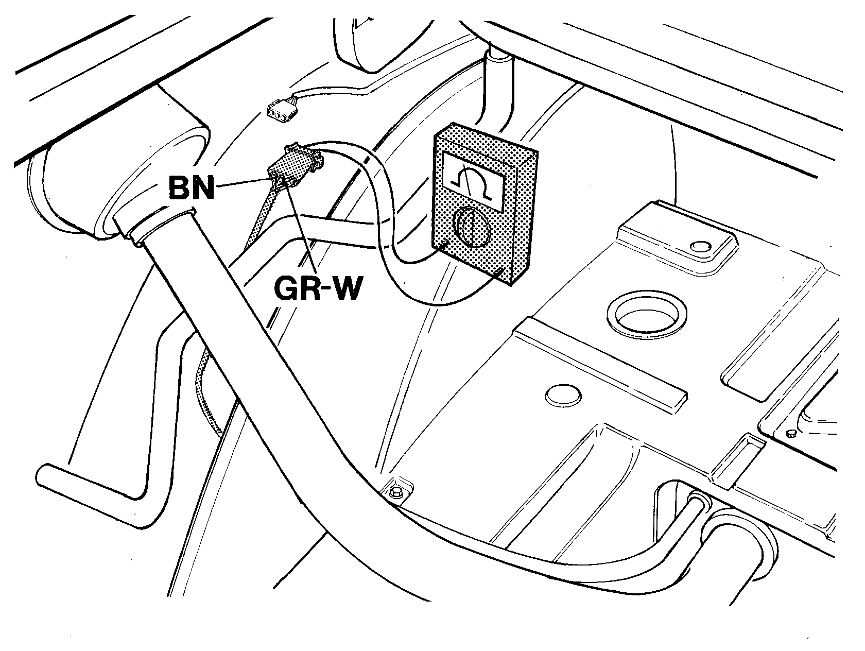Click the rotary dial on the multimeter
point(472,227)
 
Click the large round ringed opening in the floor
point(647,315)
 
